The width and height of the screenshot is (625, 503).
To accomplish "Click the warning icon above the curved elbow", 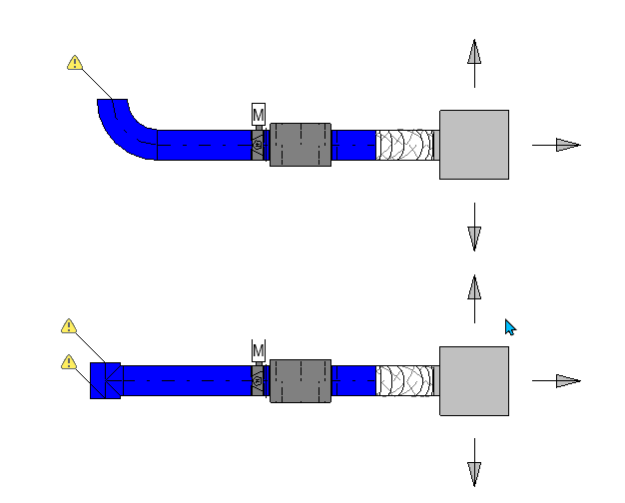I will [x=75, y=63].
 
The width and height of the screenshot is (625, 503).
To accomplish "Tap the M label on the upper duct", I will [x=259, y=115].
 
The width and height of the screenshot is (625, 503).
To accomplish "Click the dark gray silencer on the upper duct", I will [x=300, y=145].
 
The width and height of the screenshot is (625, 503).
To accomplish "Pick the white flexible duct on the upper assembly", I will [x=405, y=145].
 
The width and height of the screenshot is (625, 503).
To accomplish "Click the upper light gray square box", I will [x=474, y=145].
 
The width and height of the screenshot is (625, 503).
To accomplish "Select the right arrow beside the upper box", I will [x=566, y=145].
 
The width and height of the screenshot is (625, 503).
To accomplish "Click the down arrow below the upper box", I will [x=474, y=236].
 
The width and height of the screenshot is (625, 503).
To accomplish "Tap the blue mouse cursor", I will [x=510, y=327].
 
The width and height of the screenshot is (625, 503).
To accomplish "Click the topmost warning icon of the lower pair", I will [x=69, y=326].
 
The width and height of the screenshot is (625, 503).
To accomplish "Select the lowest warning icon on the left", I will [x=69, y=362].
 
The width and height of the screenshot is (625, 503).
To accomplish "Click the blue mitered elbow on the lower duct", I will [x=105, y=380].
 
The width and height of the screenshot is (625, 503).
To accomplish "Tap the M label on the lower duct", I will [x=259, y=350].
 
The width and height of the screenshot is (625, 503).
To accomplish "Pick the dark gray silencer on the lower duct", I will [x=300, y=380].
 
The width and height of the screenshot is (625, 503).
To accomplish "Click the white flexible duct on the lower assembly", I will [x=405, y=380].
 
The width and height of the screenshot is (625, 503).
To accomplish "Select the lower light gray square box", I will [x=474, y=380].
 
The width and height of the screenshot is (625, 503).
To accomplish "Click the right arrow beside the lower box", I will [x=566, y=380].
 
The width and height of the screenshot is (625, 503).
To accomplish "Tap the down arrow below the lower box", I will [x=474, y=471].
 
